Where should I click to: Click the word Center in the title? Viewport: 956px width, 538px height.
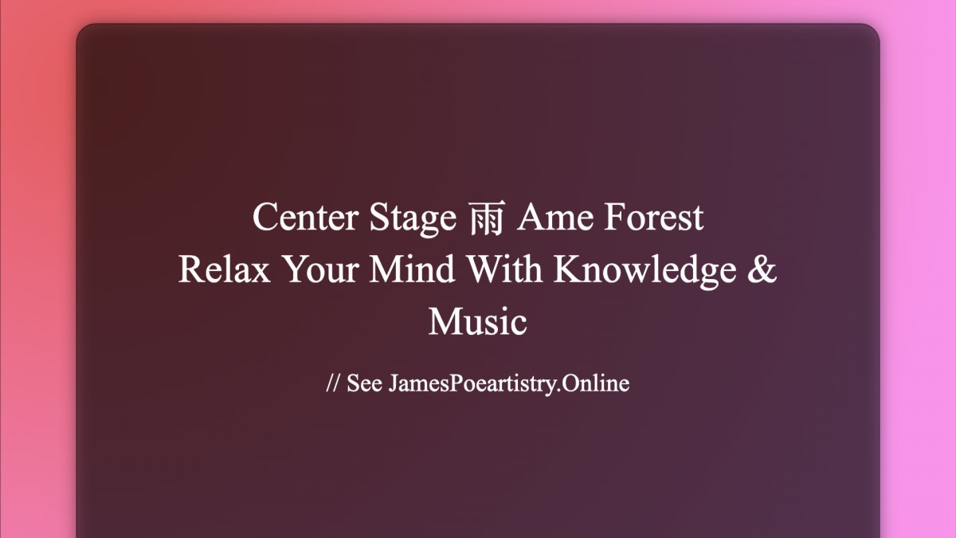(305, 218)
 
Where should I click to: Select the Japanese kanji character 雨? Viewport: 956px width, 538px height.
(487, 218)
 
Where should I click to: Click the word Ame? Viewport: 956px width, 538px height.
(554, 218)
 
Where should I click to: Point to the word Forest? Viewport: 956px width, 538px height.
(654, 218)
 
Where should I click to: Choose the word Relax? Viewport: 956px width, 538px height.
(225, 269)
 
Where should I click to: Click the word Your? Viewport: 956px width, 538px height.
(320, 269)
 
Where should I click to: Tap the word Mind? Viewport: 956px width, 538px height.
(412, 269)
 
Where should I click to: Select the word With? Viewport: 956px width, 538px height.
(504, 269)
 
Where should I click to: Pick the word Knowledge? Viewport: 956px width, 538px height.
(645, 272)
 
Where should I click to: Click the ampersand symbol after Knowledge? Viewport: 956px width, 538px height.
(762, 269)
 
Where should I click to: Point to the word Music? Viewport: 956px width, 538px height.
(478, 321)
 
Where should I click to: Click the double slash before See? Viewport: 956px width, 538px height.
(332, 383)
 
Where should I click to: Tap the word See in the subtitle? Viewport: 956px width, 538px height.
(364, 383)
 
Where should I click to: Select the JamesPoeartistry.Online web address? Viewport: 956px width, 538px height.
(509, 384)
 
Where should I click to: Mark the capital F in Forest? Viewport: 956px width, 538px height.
(616, 218)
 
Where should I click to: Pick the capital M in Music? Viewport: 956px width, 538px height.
(447, 321)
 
